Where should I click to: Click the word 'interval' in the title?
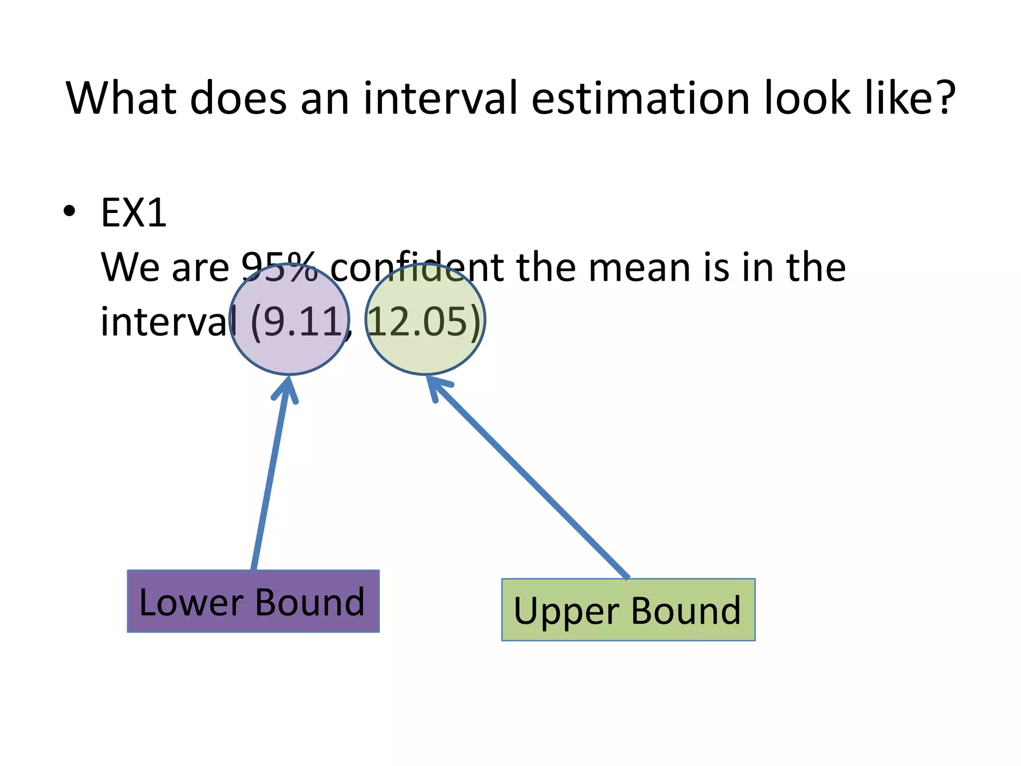[x=442, y=98]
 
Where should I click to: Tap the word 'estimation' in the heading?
[x=641, y=98]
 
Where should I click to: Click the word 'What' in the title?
[x=122, y=98]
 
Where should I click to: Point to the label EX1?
[x=134, y=213]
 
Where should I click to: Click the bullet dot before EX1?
[x=70, y=211]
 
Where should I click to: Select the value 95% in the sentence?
[x=279, y=268]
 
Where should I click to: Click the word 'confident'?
[x=417, y=268]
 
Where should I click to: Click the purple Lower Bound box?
[x=253, y=601]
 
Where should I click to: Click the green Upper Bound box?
[x=628, y=610]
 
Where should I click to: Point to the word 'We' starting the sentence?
[x=130, y=268]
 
